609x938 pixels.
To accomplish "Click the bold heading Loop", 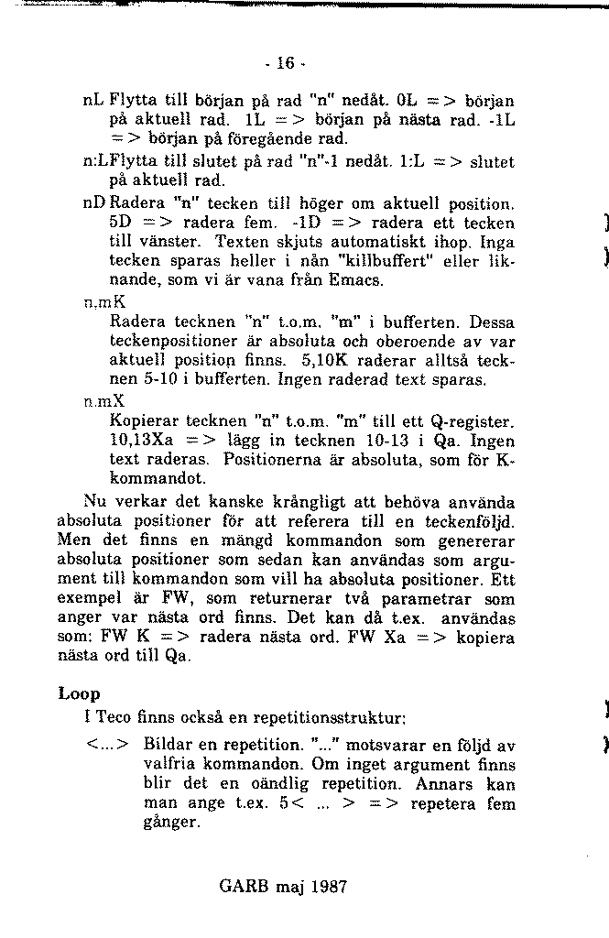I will (x=79, y=693).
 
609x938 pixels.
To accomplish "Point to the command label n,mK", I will (x=103, y=301).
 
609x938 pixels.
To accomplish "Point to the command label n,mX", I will (x=103, y=401).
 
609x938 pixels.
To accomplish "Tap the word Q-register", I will (x=473, y=422).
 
